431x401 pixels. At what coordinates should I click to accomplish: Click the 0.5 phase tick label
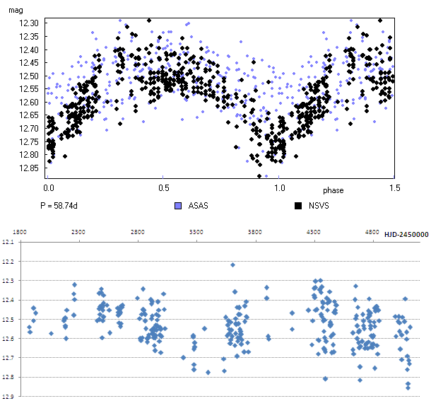163,188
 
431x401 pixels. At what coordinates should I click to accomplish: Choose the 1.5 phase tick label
394,188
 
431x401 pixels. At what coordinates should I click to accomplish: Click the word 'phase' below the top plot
333,191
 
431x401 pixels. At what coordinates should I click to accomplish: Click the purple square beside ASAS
178,207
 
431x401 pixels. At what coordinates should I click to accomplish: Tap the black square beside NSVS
298,207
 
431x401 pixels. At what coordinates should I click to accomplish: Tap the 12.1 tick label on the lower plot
8,243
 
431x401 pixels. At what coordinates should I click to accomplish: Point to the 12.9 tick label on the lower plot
8,396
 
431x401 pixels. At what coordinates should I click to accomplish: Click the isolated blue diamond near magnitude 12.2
232,265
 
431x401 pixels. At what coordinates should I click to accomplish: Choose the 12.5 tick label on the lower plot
8,320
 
